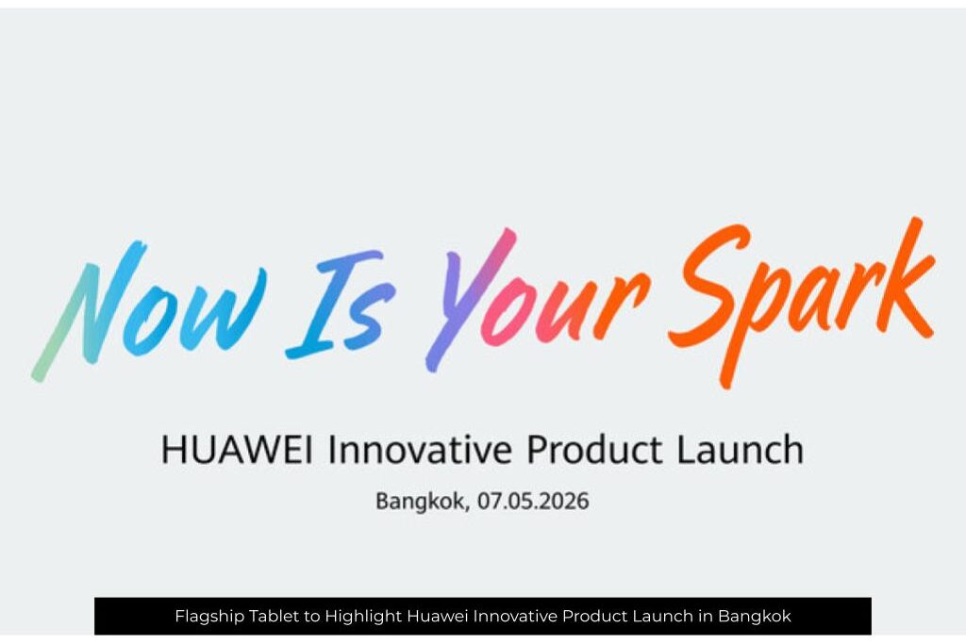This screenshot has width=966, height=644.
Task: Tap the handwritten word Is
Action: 341,305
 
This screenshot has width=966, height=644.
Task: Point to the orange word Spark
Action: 801,302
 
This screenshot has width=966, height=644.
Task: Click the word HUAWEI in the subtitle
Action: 237,450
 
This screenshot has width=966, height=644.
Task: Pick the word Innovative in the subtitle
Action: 420,450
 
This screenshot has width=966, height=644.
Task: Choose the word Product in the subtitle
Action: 594,450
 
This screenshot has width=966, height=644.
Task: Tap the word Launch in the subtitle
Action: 740,450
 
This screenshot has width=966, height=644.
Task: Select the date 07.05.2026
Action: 534,502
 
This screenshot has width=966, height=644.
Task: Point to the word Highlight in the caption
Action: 363,617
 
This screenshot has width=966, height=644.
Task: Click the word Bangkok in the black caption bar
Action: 754,616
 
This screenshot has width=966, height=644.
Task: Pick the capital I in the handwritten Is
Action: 333,305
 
